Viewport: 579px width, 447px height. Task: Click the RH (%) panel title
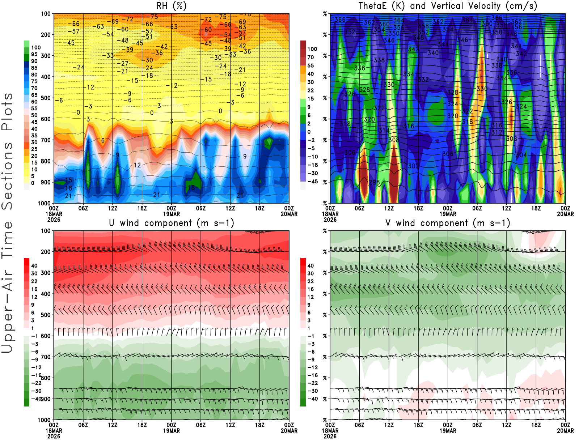[x=171, y=6]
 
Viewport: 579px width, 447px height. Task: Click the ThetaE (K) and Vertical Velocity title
[x=448, y=6]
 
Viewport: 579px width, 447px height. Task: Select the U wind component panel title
[x=171, y=223]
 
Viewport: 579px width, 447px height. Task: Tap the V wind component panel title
[x=448, y=223]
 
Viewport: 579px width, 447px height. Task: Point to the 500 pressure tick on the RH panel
[x=46, y=98]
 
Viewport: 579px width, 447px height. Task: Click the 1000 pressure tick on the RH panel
[x=44, y=203]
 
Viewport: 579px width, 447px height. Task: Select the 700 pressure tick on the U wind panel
[x=46, y=357]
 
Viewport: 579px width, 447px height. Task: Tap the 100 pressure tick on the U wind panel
[x=46, y=231]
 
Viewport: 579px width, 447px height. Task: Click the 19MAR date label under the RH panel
[x=171, y=214]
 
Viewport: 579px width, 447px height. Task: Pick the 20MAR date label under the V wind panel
[x=565, y=431]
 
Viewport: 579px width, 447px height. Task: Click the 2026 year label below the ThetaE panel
[x=330, y=220]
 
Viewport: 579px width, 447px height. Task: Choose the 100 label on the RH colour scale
[x=36, y=47]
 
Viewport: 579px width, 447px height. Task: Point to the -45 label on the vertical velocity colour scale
[x=313, y=182]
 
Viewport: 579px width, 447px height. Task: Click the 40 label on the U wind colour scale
[x=34, y=265]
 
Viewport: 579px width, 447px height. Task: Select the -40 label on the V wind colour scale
[x=313, y=399]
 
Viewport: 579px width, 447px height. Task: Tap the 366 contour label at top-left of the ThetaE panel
[x=340, y=20]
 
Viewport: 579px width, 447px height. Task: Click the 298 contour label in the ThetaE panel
[x=374, y=182]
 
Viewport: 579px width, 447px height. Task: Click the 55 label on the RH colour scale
[x=34, y=108]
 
